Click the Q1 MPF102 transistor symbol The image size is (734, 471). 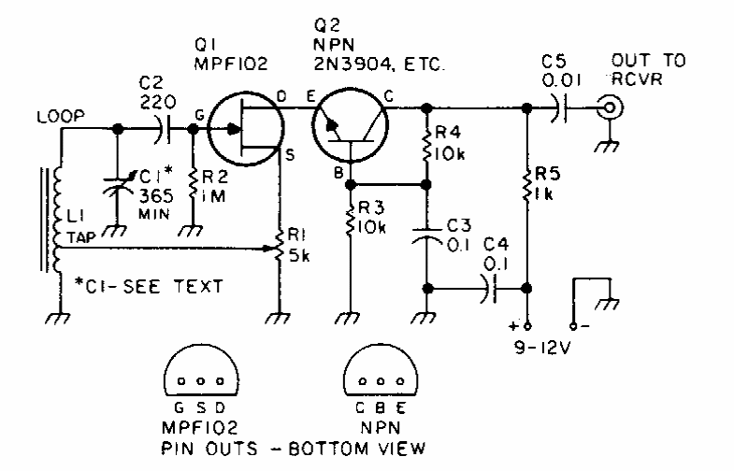(244, 130)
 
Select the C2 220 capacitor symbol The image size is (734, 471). (168, 130)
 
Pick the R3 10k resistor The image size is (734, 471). (350, 225)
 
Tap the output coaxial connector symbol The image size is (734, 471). (611, 109)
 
